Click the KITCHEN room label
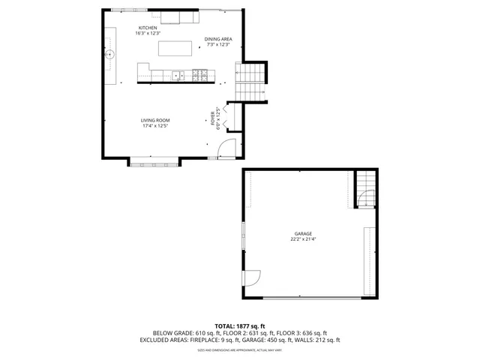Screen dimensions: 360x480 click(x=148, y=28)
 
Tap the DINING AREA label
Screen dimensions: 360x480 click(x=217, y=39)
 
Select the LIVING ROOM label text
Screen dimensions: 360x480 click(x=155, y=121)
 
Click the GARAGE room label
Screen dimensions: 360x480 click(x=303, y=233)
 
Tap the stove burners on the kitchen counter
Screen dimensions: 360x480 click(x=201, y=75)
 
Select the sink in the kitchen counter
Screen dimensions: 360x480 click(x=178, y=75)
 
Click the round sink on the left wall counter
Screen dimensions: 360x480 click(x=110, y=54)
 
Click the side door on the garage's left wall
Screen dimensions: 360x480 click(x=252, y=277)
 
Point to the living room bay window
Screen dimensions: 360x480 click(x=154, y=161)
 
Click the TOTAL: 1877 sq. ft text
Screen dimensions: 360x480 click(x=239, y=326)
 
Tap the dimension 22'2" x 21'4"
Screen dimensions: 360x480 click(x=303, y=240)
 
